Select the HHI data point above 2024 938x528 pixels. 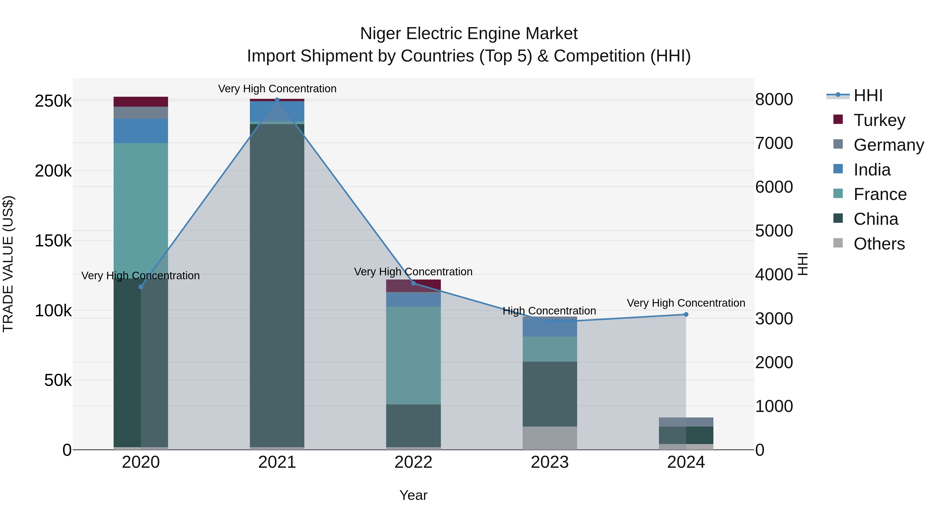point(686,314)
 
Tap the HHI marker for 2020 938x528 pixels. point(141,287)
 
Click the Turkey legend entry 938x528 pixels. point(879,120)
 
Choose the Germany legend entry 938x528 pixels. point(888,145)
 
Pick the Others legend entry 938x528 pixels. point(879,244)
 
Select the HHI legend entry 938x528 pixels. point(868,95)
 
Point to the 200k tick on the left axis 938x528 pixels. point(53,171)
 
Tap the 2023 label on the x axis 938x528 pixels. point(550,462)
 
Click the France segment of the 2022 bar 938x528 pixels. point(413,355)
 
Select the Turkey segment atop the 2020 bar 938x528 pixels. point(141,102)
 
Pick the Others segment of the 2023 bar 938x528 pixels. point(550,438)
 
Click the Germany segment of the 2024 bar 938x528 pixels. point(686,422)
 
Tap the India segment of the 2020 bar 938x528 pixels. point(141,131)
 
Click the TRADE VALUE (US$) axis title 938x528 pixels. point(8,264)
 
